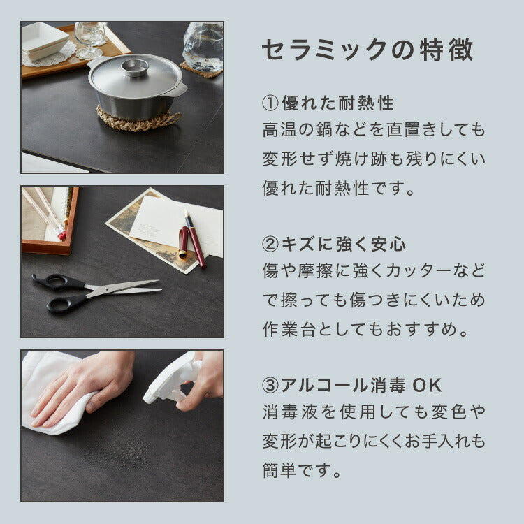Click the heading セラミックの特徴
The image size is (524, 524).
tap(367, 50)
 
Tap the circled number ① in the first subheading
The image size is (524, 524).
tap(270, 104)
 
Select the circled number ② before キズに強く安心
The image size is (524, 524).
tap(270, 245)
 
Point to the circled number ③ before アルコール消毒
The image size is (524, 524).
tap(270, 386)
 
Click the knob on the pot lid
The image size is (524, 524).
tap(135, 67)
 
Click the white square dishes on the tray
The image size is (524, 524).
tap(44, 41)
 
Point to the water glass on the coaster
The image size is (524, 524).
tap(203, 46)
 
